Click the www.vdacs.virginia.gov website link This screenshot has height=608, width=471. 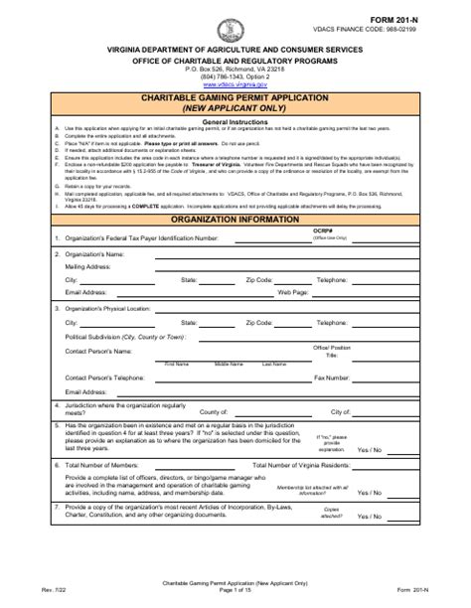pyautogui.click(x=235, y=86)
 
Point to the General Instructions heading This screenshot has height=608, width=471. pyautogui.click(x=235, y=121)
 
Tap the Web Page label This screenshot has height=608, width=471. pyautogui.click(x=294, y=322)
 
